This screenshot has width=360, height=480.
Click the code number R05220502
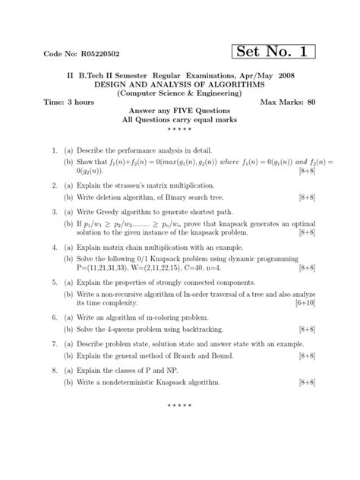point(82,55)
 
